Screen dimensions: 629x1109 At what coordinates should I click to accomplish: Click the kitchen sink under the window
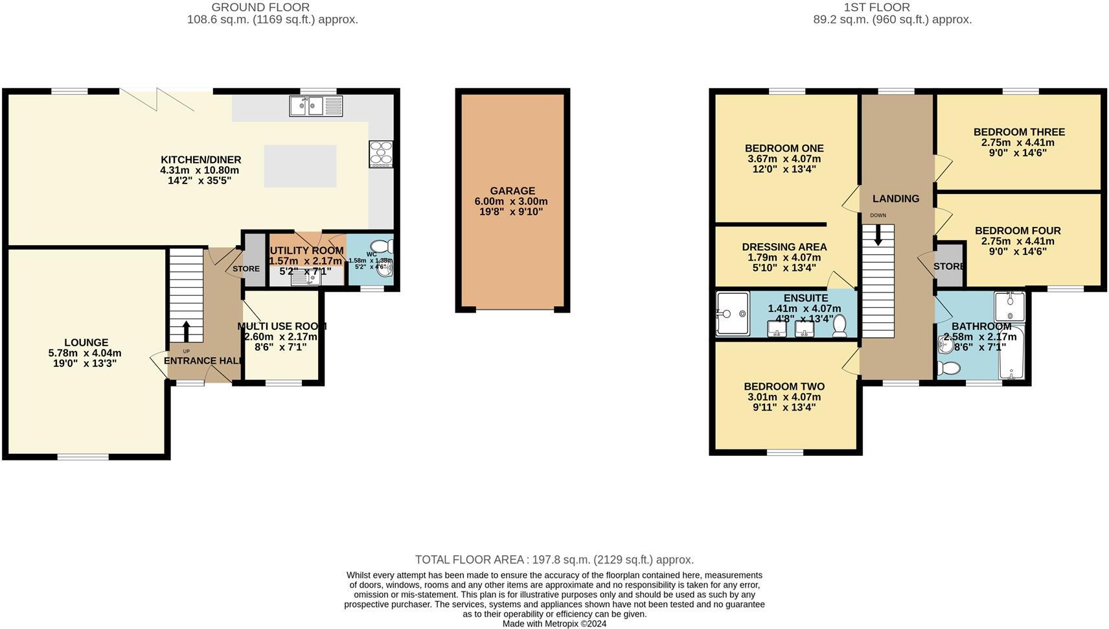pos(315,106)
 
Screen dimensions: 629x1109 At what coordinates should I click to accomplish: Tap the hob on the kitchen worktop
pos(381,154)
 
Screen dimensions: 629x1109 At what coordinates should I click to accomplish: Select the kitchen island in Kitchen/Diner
pos(300,166)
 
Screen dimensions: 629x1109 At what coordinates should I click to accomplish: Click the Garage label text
pos(512,191)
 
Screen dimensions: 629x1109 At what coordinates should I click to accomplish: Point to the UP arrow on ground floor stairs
pos(187,331)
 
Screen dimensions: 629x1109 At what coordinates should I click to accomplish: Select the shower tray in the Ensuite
pos(733,314)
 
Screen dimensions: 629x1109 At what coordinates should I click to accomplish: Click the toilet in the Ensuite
pos(840,326)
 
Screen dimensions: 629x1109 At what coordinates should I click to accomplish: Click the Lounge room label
pos(86,342)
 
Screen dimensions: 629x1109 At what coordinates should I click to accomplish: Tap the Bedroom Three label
pos(1018,132)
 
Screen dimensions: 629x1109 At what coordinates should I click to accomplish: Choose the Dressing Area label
pos(784,247)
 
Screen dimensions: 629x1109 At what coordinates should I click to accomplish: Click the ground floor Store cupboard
pos(254,259)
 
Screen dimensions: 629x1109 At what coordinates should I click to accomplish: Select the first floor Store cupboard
pos(950,265)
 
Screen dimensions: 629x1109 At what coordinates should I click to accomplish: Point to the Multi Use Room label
pos(281,326)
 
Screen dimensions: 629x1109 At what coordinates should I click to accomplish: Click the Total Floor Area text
pos(554,560)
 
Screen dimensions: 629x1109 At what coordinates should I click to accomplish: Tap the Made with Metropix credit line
pos(554,624)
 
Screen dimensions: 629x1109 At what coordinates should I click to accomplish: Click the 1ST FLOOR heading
pos(877,8)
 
